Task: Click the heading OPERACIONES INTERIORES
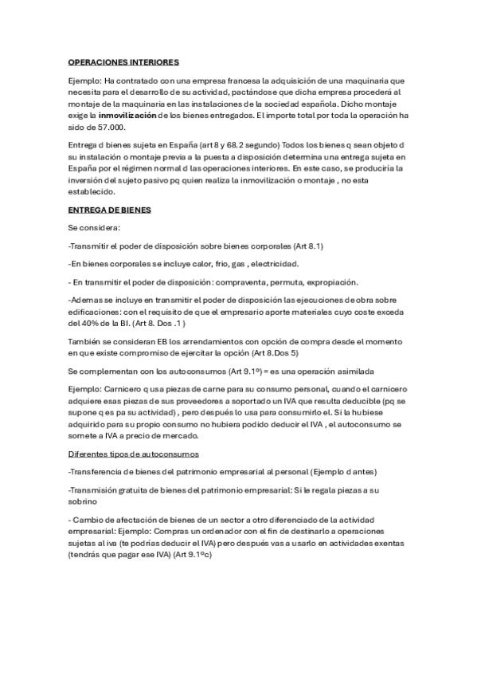point(123,61)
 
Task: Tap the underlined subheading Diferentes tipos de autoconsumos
point(134,454)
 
